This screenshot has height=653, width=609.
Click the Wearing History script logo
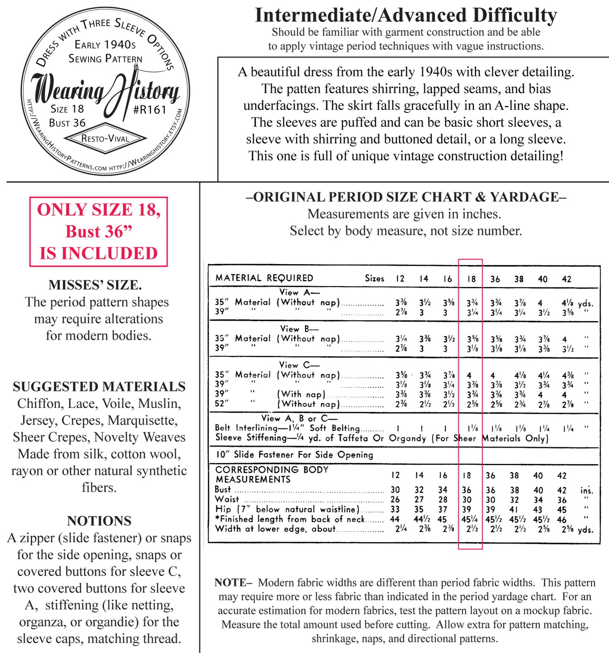coord(105,91)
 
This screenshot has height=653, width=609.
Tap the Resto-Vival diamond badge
coord(105,138)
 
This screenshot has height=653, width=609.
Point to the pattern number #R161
coord(150,110)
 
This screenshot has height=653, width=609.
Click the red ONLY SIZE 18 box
coord(99,231)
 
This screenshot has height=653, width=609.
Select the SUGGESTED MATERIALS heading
coord(99,386)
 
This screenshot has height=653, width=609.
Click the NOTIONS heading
coord(99,521)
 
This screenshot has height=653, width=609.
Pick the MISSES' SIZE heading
coord(95,285)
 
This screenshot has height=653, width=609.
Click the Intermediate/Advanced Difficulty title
coord(406,16)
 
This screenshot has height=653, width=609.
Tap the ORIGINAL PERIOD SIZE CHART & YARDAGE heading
coord(406,197)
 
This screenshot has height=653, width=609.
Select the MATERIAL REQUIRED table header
coord(264,278)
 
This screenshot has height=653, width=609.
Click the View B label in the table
coord(299,329)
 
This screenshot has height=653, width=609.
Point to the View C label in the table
coord(299,365)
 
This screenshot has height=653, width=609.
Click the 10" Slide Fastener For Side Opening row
coord(294,455)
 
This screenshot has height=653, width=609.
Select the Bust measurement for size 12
coord(395,490)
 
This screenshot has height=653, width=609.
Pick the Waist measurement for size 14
coord(419,500)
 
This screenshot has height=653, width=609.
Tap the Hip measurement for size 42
coord(562,509)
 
